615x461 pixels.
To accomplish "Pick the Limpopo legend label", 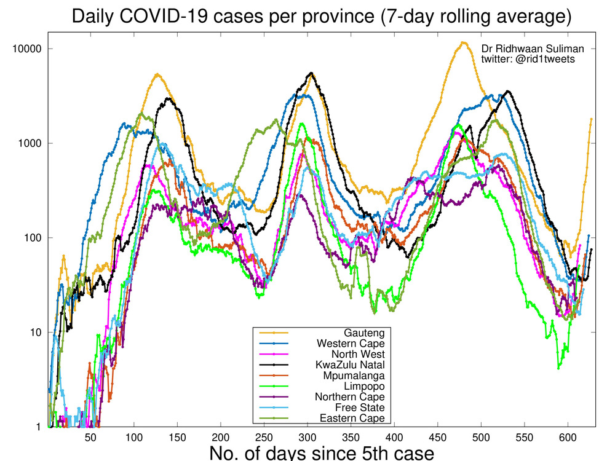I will tap(367, 386).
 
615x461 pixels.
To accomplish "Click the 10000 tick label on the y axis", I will tap(27, 49).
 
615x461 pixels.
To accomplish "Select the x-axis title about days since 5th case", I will tap(322, 453).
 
